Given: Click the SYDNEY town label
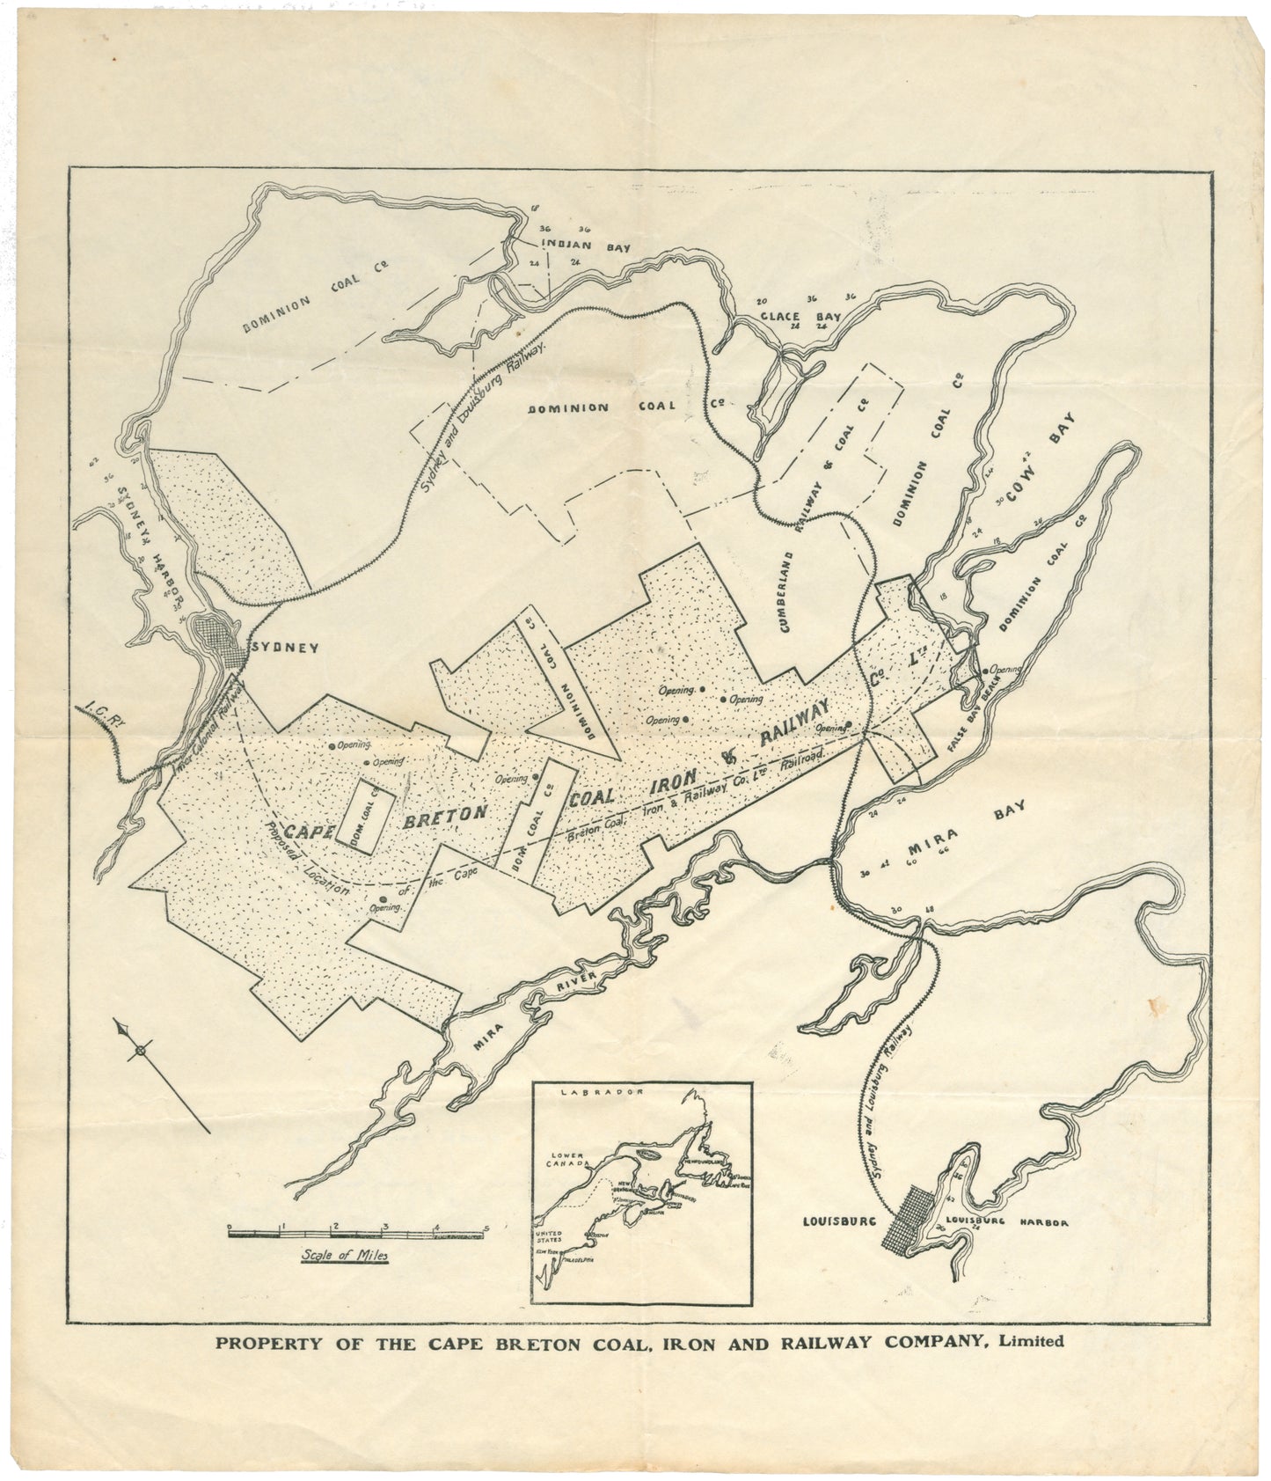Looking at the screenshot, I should click(x=285, y=647).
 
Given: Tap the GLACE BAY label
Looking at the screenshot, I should click(x=800, y=315).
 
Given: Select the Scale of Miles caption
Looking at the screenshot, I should click(x=344, y=1256).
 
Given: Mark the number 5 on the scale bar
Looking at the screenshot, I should click(x=486, y=1225).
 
